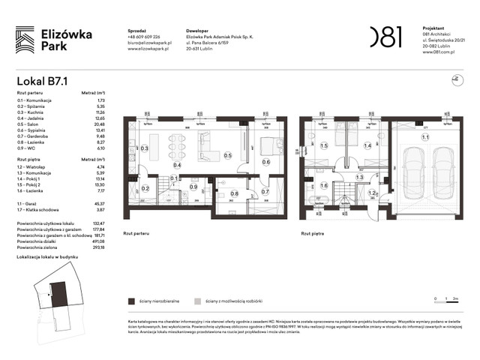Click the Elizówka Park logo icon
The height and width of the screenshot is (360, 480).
(25, 39)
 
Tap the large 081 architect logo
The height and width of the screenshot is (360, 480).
(385, 36)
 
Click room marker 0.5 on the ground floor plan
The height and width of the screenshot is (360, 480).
(228, 156)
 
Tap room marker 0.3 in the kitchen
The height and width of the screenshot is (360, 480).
(145, 148)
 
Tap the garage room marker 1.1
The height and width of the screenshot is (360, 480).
(424, 137)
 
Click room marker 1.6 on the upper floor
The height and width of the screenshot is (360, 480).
(324, 186)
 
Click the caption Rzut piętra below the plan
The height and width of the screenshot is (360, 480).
(313, 232)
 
